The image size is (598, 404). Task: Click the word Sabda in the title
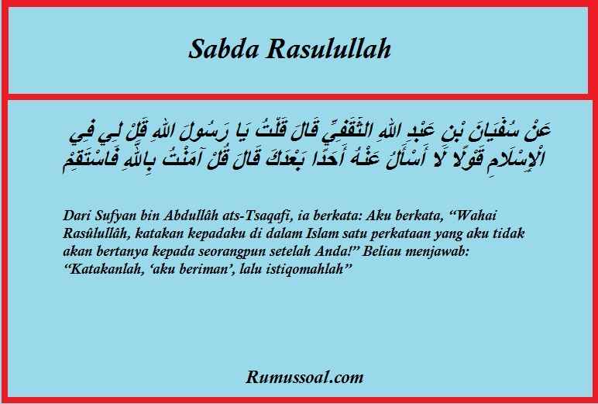pyautogui.click(x=224, y=49)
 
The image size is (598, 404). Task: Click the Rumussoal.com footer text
pyautogui.click(x=304, y=377)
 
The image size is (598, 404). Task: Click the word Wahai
pyautogui.click(x=474, y=216)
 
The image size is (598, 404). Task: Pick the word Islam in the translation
pyautogui.click(x=321, y=233)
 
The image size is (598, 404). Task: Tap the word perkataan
pyautogui.click(x=400, y=234)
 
